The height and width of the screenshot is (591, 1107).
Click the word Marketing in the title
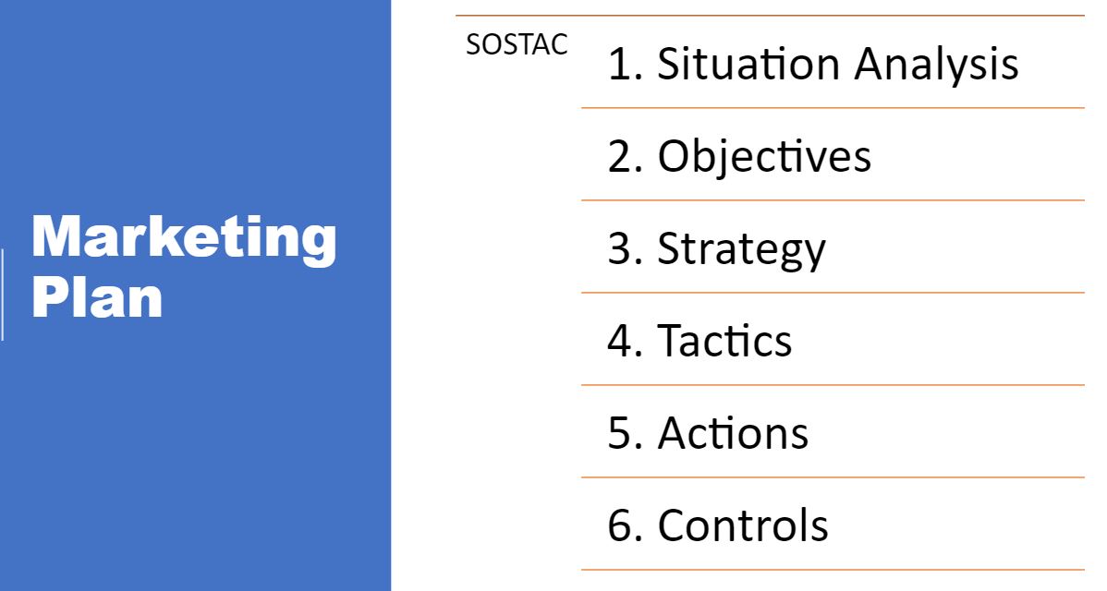pos(184,239)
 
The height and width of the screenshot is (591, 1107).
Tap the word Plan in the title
pos(97,297)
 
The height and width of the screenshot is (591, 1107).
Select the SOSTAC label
pos(517,44)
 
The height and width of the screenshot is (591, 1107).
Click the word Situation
pos(748,64)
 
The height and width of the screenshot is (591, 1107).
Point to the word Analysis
pos(936,65)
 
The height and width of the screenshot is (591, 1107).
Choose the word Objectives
pos(764,157)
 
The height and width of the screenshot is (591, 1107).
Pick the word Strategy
pos(741,250)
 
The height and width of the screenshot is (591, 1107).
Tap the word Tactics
pos(724,341)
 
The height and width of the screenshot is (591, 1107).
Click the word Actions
pos(733,433)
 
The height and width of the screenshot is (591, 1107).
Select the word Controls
pos(743,525)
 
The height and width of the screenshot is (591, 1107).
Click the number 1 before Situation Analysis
pos(619,64)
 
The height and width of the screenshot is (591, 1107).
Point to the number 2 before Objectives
pos(620,156)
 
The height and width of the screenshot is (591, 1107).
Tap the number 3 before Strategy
pos(620,248)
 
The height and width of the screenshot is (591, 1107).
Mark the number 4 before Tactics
pos(620,341)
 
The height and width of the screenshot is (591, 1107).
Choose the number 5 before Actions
pos(620,433)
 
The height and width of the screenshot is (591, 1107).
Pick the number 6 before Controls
pos(620,525)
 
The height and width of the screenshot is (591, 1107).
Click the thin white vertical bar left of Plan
pos(2,295)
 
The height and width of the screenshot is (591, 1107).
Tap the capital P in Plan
pos(49,297)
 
